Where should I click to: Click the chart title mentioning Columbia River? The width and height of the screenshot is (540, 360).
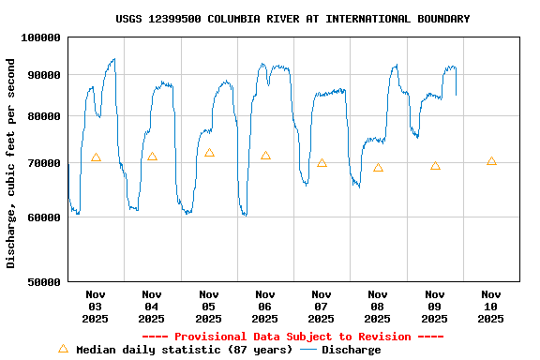point(292,19)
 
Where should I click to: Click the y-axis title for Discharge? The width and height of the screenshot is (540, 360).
point(11,163)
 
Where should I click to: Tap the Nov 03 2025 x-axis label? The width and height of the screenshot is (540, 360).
point(96,307)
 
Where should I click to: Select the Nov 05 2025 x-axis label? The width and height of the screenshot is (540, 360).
point(208,307)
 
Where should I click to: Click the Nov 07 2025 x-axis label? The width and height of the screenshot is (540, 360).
point(322,307)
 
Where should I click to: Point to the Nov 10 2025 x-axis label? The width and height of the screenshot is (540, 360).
point(490,307)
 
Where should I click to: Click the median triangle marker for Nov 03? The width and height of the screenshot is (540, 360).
point(96,157)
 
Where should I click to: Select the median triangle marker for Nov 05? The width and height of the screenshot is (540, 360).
point(209,153)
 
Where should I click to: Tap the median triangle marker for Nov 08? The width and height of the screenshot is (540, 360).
point(378,168)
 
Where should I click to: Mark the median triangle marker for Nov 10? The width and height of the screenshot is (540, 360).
point(491,161)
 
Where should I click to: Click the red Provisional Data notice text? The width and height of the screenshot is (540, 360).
point(292,337)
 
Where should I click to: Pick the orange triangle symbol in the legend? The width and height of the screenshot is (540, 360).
point(63,349)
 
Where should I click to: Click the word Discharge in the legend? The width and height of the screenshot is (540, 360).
point(352,350)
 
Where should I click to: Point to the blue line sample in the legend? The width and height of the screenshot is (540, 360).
point(308,350)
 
